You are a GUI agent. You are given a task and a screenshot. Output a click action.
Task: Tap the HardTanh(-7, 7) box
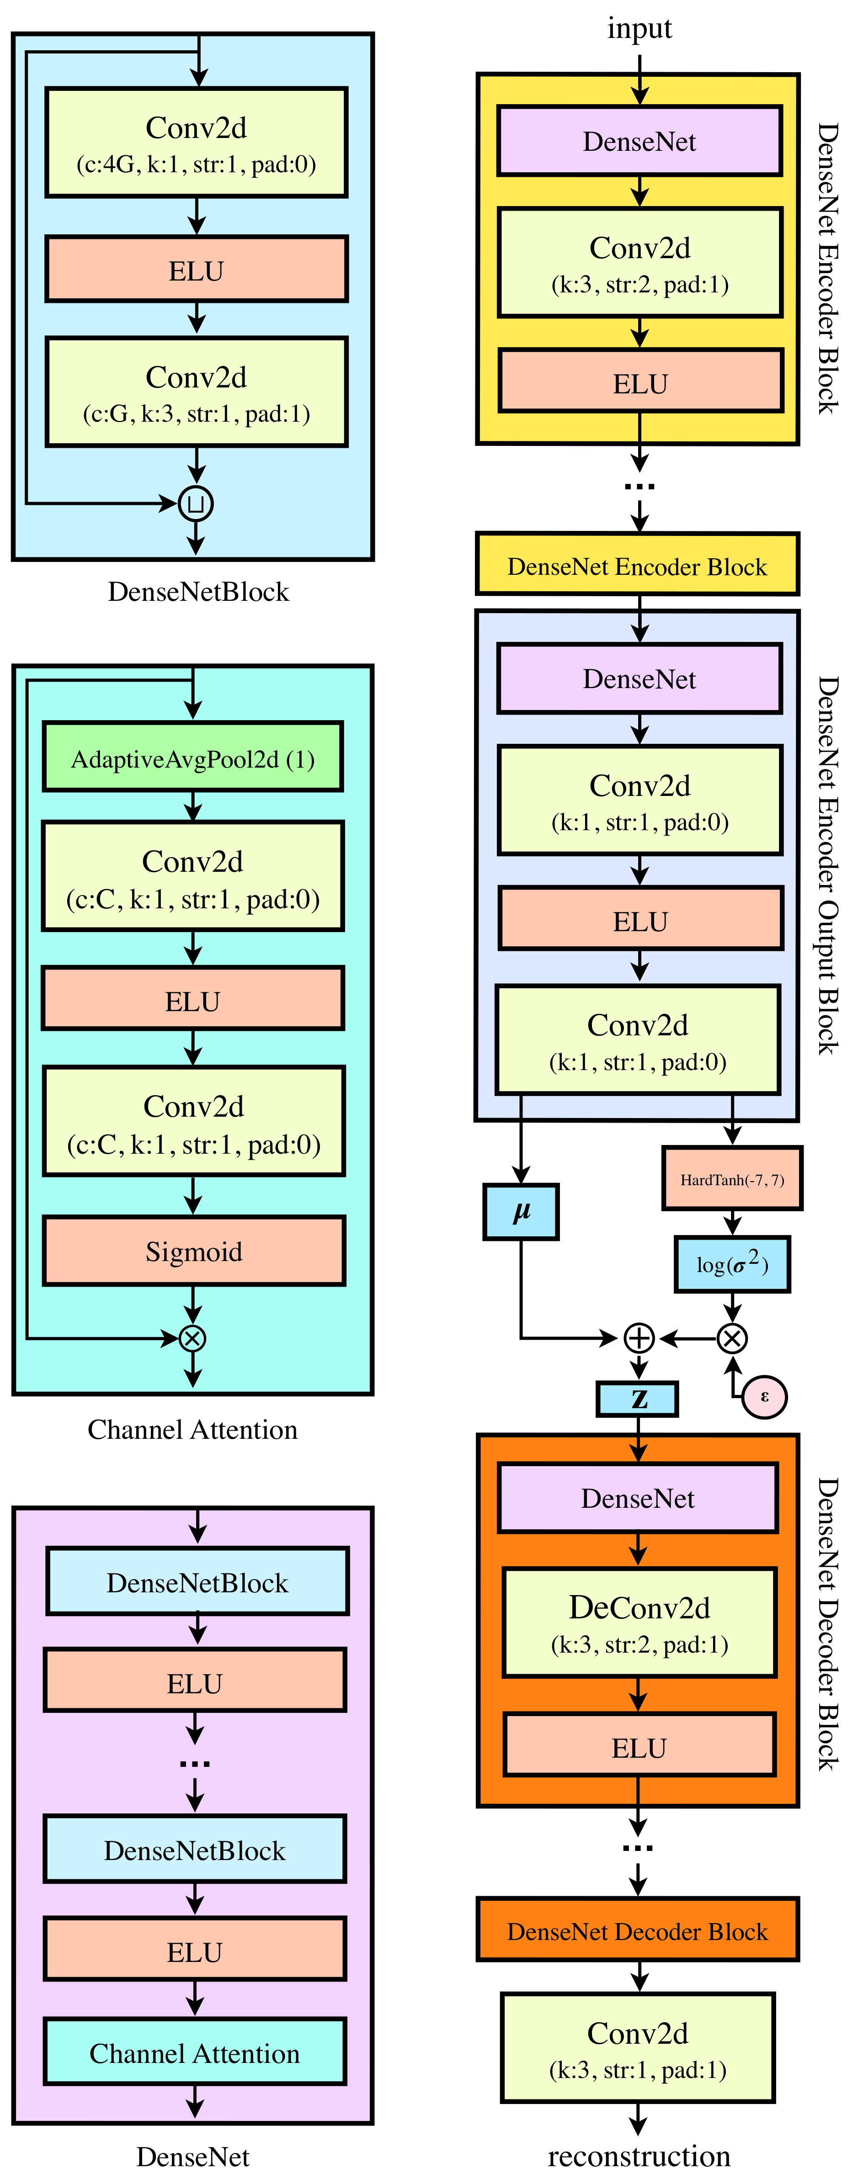point(732,1178)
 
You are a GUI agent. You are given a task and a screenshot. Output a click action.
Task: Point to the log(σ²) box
point(732,1264)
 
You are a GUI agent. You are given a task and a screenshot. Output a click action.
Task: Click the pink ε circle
point(765,1396)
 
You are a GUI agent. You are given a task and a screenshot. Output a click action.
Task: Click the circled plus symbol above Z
point(639,1338)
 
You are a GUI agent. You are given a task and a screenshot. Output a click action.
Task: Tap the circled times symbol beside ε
point(732,1338)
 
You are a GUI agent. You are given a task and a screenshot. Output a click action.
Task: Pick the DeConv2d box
point(639,1622)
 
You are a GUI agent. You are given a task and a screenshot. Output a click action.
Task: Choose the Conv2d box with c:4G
point(197,143)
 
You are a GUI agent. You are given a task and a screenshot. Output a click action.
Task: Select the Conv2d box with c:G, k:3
point(197,392)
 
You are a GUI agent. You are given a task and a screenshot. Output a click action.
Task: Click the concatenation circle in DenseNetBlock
point(196,504)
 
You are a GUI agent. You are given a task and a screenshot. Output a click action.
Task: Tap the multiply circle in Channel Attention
point(192,1338)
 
